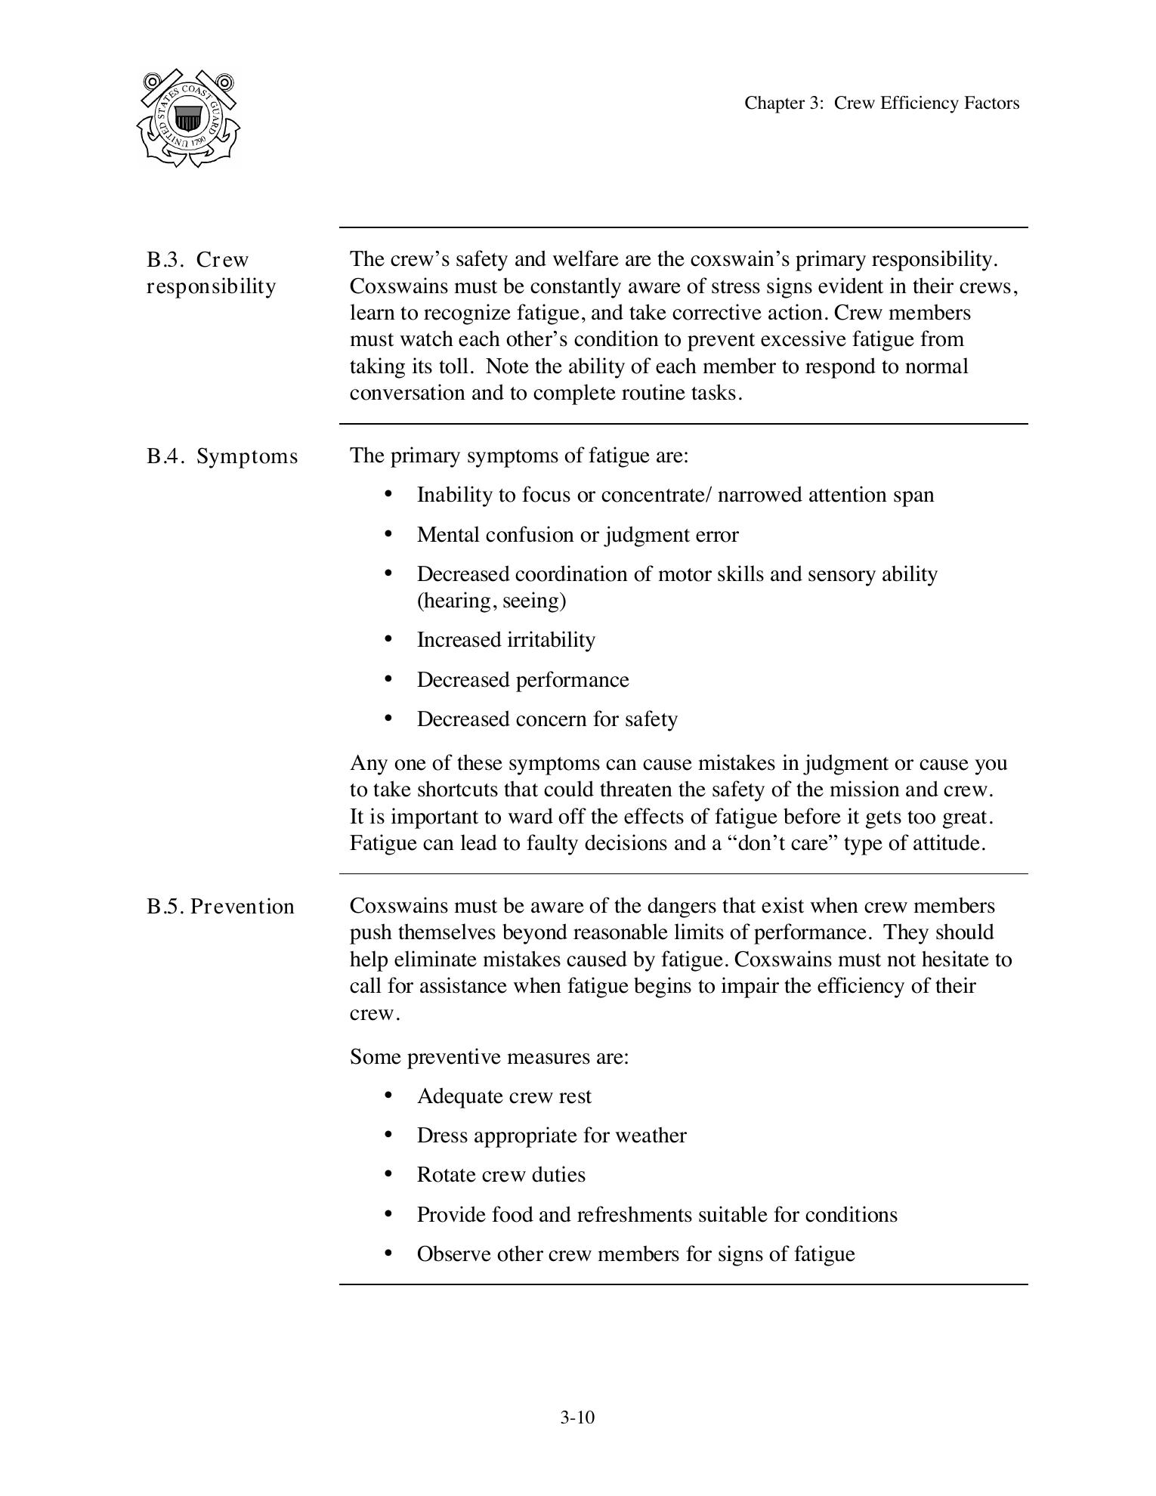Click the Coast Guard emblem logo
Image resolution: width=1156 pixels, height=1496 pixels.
click(188, 119)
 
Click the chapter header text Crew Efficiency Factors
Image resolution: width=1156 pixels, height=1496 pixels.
click(881, 104)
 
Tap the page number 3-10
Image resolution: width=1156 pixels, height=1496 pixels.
click(577, 1417)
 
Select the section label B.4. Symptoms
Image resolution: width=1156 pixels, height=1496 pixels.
click(222, 456)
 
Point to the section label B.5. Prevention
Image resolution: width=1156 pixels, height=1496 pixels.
click(220, 907)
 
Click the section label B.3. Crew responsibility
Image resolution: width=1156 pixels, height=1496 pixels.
click(211, 273)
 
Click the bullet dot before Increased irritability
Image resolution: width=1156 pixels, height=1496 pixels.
click(388, 640)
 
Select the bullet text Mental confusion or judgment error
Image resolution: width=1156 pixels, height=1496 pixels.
click(577, 535)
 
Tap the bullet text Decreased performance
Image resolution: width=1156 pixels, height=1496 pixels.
click(522, 680)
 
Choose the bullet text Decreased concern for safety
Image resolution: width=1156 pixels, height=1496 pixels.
click(546, 719)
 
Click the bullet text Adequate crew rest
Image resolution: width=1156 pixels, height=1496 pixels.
click(504, 1096)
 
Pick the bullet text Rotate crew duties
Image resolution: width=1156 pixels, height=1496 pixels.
click(501, 1175)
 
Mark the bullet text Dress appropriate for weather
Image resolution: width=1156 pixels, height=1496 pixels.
click(551, 1136)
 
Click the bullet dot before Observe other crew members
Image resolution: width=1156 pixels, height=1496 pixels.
click(388, 1254)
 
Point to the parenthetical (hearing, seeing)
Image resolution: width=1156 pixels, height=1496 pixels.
click(491, 601)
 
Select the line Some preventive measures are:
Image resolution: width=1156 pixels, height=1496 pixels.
click(489, 1056)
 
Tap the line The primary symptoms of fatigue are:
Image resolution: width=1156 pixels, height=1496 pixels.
click(519, 456)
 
